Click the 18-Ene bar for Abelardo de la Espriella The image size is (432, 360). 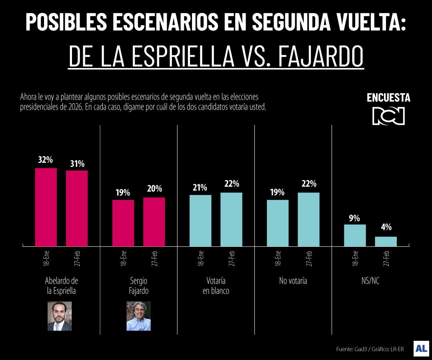click(46, 207)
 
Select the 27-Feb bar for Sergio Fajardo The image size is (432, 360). click(154, 222)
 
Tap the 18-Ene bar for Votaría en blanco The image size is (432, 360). click(200, 220)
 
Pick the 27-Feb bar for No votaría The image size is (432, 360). click(308, 219)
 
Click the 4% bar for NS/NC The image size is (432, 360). click(386, 241)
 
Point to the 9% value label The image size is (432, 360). click(354, 218)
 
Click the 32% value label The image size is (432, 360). click(46, 160)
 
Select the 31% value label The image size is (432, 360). click(77, 164)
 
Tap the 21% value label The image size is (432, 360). click(200, 188)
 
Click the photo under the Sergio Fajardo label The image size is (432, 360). click(138, 316)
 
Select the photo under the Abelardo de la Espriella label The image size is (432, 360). click(60, 316)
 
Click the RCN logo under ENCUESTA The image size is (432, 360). click(388, 116)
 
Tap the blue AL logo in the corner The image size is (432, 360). click(421, 348)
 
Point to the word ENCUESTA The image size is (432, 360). click(388, 98)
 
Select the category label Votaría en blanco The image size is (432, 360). click(216, 286)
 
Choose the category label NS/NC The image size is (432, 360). click(370, 281)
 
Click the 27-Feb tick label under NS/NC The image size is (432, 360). click(386, 258)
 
